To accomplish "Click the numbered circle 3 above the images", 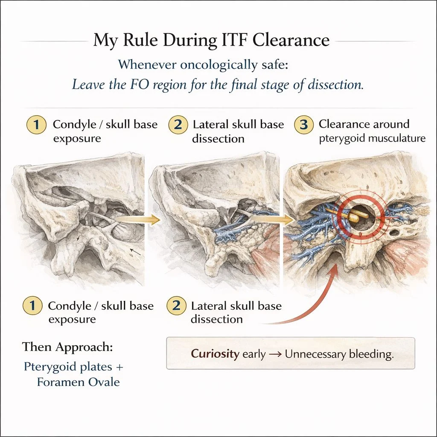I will pyautogui.click(x=303, y=125).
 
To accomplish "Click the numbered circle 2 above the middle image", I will pyautogui.click(x=177, y=125).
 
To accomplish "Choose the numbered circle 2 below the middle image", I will pyautogui.click(x=176, y=306).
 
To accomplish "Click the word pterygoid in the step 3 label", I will pyautogui.click(x=339, y=139).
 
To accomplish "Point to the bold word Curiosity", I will pyautogui.click(x=215, y=354).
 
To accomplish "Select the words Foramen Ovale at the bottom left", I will pyautogui.click(x=79, y=382).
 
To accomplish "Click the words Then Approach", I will pyautogui.click(x=67, y=347).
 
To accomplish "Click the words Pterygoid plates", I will pyautogui.click(x=68, y=367).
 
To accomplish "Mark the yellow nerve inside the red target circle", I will pyautogui.click(x=356, y=216).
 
